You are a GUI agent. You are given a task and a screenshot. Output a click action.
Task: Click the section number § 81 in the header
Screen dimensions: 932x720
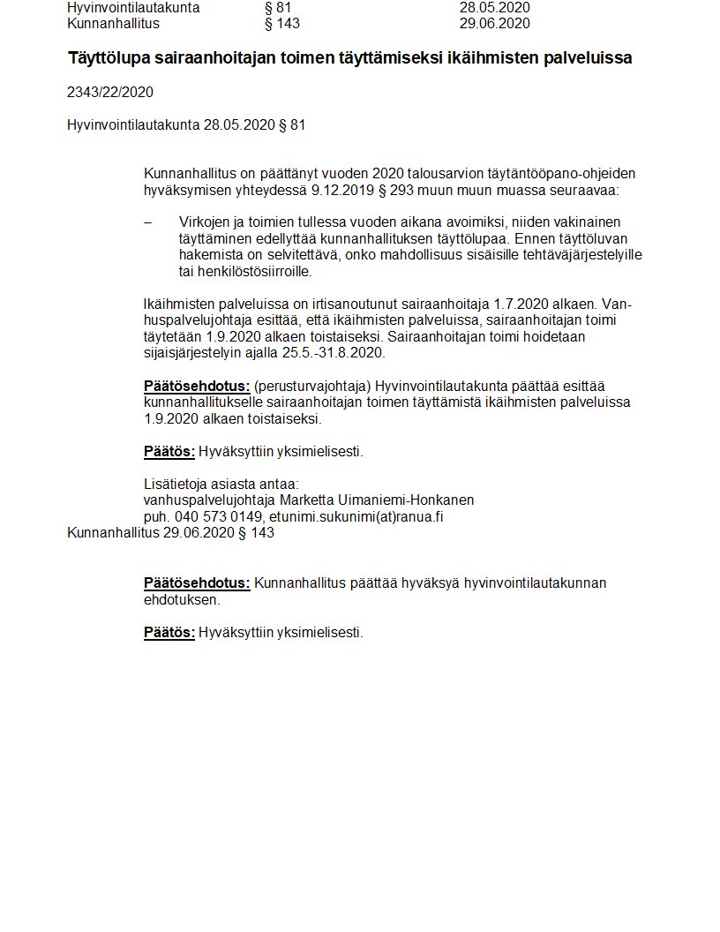click(x=283, y=8)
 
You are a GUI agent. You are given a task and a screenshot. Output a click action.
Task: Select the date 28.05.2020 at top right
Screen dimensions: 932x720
click(x=494, y=8)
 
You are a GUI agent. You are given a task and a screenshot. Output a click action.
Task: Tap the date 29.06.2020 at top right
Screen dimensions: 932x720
click(x=494, y=23)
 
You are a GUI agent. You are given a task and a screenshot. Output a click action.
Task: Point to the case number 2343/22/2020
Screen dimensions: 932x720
click(x=110, y=92)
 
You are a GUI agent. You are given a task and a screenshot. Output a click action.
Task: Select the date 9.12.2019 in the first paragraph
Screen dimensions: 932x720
click(x=340, y=190)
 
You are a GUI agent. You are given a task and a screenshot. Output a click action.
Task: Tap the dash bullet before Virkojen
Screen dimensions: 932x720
click(x=147, y=222)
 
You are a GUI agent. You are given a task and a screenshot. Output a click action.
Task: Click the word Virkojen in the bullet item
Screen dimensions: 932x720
click(x=204, y=222)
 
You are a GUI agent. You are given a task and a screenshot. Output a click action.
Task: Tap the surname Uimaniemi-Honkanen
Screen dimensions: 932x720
click(x=391, y=500)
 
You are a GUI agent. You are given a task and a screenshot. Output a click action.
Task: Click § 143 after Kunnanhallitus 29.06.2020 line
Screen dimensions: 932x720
click(x=257, y=533)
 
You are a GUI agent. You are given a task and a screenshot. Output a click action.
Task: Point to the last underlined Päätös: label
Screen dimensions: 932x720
click(x=169, y=632)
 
